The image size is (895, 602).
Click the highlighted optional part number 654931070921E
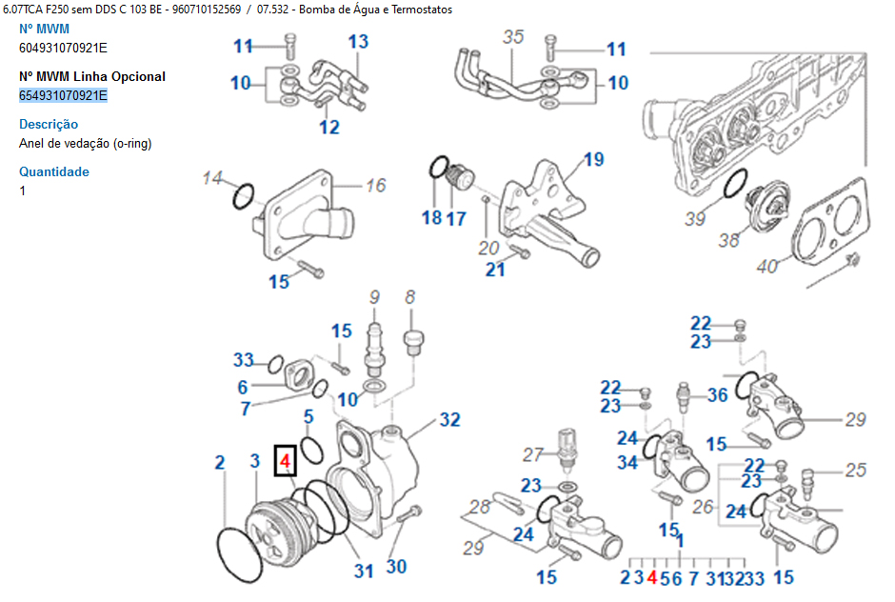(x=63, y=95)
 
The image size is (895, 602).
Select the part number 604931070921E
(x=63, y=48)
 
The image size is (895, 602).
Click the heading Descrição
(x=49, y=124)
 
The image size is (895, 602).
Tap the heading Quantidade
(x=54, y=171)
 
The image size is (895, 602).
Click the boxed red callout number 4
(x=285, y=463)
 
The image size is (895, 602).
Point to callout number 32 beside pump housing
(x=450, y=419)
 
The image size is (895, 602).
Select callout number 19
(x=594, y=159)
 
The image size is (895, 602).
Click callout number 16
(x=376, y=185)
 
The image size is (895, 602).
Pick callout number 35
(x=513, y=37)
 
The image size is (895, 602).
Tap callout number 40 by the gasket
(x=767, y=266)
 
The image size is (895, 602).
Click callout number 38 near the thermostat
(x=728, y=240)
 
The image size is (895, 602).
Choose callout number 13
(x=358, y=41)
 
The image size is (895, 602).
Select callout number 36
(x=717, y=394)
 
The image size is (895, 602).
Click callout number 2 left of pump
(x=220, y=463)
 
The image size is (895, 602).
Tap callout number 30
(x=396, y=567)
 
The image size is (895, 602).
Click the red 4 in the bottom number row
(x=651, y=577)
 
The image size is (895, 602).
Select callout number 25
(x=855, y=470)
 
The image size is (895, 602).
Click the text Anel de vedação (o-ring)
(x=85, y=143)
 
